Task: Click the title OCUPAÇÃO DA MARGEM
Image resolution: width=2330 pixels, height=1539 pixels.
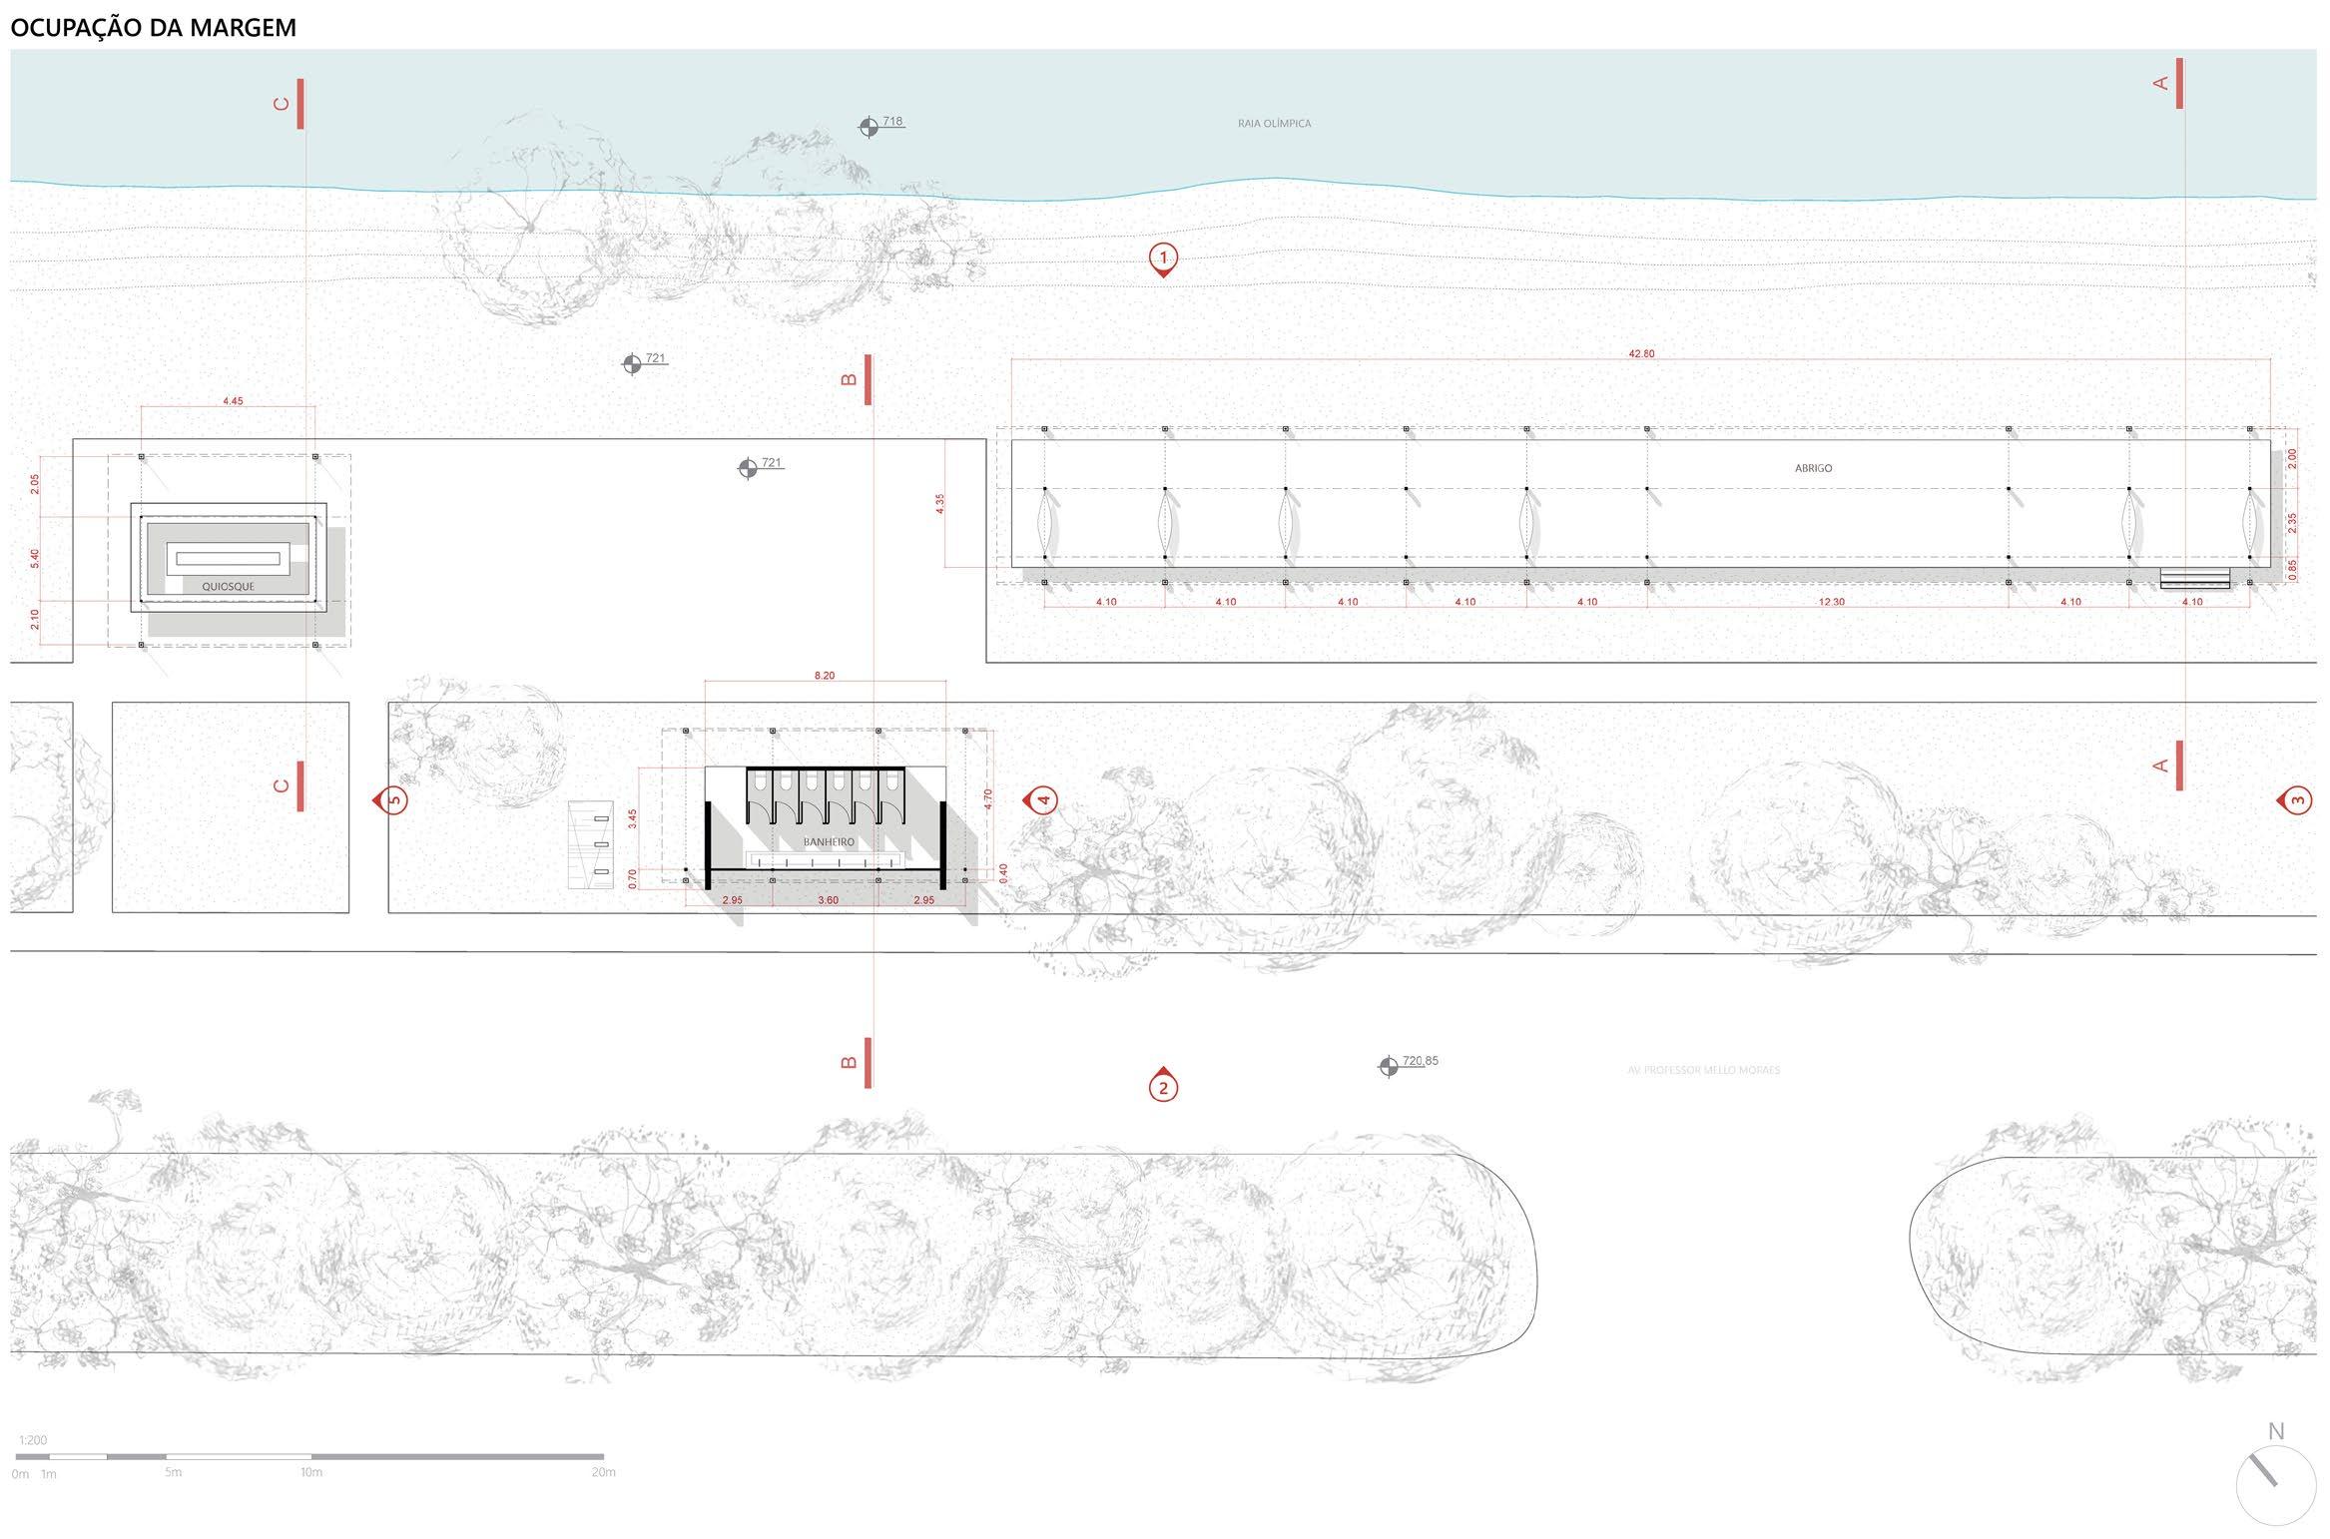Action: [x=153, y=27]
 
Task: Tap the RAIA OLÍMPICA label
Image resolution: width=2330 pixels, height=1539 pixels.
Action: [x=1274, y=124]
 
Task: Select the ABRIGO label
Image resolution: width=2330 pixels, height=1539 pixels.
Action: [x=1813, y=468]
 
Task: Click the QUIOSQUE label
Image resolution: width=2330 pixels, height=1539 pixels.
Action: [x=228, y=587]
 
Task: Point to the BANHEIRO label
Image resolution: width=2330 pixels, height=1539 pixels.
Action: [x=828, y=842]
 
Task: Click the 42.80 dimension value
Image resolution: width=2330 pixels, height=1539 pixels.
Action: [x=1641, y=353]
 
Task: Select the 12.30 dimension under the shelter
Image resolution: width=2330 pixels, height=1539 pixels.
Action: [x=1831, y=602]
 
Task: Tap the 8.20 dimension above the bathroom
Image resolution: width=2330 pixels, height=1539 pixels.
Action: [x=824, y=676]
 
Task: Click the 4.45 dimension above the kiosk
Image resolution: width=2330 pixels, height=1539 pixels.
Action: [x=233, y=401]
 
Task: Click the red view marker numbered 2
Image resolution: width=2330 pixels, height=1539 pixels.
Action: [x=1162, y=1087]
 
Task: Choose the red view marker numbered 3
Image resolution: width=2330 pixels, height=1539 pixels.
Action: [x=2296, y=799]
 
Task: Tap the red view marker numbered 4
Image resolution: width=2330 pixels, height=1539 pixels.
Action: [x=1042, y=799]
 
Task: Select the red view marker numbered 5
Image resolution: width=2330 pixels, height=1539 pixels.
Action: [x=392, y=799]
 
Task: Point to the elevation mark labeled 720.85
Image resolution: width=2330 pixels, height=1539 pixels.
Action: [x=1388, y=1067]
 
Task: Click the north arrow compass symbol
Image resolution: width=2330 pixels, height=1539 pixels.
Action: [x=2275, y=1486]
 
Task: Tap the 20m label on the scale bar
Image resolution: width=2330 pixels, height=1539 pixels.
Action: [x=603, y=1472]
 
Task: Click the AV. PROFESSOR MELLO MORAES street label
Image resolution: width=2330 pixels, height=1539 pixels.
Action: [x=1703, y=1070]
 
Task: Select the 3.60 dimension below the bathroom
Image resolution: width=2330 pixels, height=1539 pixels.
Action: [x=828, y=900]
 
